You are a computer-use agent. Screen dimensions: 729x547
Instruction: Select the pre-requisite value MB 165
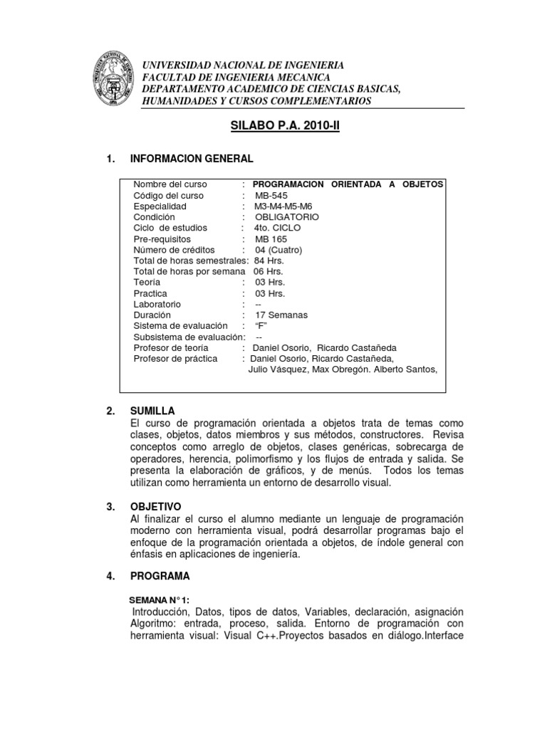(x=271, y=238)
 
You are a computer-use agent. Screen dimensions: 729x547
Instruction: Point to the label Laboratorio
(x=158, y=304)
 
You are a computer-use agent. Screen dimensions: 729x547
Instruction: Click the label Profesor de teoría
(x=171, y=347)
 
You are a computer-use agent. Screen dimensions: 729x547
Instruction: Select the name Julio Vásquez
(x=278, y=369)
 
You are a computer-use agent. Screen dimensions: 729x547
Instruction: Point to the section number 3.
(x=110, y=506)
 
